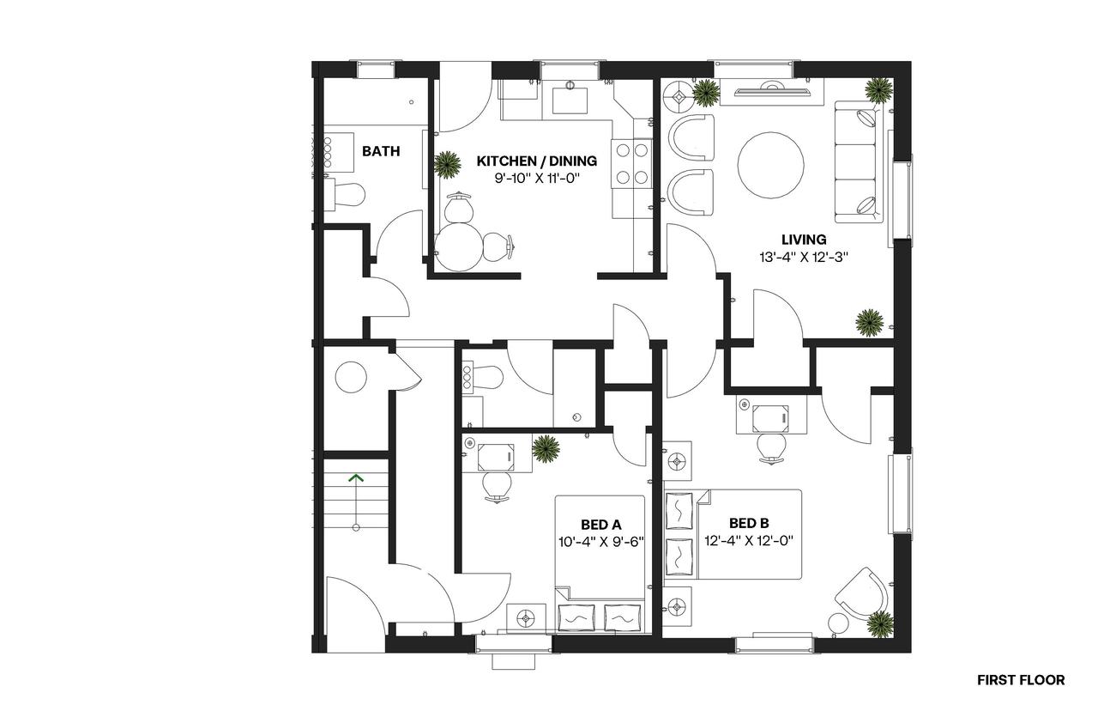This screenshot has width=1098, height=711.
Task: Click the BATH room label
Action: coord(381,151)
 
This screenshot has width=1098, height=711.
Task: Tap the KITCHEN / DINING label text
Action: coord(537,161)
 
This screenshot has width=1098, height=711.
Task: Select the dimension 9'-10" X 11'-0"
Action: coord(537,178)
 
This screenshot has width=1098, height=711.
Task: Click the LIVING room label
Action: coord(804,240)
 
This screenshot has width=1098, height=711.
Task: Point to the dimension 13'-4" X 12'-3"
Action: coord(804,257)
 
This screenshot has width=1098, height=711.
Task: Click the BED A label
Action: coord(601,525)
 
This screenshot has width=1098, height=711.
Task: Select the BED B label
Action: coord(749,523)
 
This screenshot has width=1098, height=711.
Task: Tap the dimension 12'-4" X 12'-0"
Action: coord(749,541)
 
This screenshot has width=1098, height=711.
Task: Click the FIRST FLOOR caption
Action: coord(1021,680)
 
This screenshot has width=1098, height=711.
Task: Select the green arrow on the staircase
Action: coord(356,502)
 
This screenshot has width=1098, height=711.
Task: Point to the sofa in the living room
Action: coord(859,162)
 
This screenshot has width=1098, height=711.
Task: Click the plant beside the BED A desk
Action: coord(546,448)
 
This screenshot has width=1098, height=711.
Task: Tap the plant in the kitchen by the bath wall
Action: coord(447,165)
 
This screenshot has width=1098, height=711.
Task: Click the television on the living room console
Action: coord(771,90)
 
